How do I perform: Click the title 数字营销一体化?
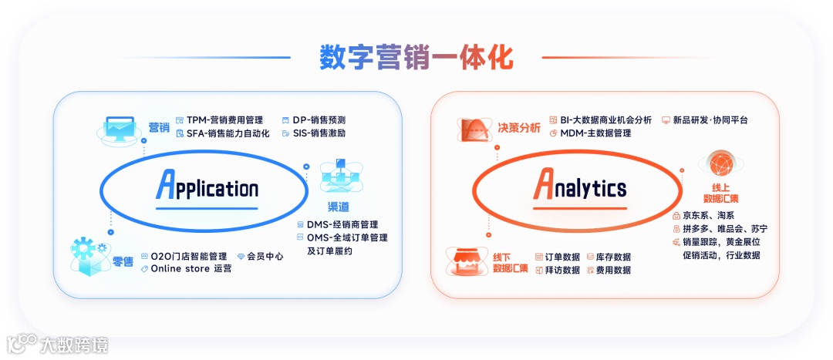pos(416,58)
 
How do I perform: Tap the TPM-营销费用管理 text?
pos(224,120)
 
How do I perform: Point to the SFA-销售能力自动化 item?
pos(228,133)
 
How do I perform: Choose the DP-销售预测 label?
pos(318,120)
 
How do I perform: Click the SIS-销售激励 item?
pos(318,133)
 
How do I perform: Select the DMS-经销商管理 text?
pos(342,224)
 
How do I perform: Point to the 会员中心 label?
pos(265,256)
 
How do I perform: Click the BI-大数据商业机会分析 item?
pos(605,120)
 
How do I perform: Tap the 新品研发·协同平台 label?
pos(710,120)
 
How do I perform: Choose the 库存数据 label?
pos(613,257)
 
